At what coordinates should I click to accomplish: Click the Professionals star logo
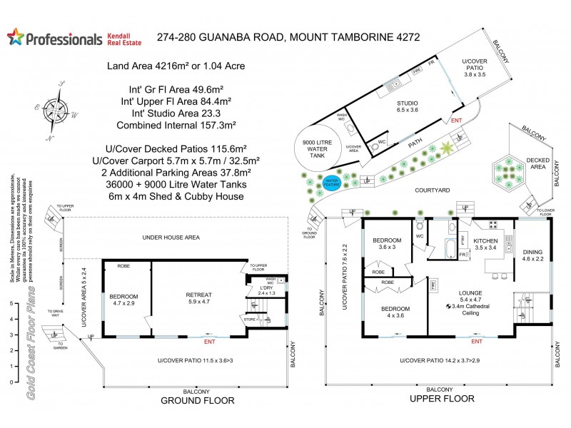15,38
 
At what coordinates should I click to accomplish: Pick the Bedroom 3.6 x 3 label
387,243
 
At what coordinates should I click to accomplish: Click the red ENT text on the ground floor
210,341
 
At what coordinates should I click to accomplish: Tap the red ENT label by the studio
456,121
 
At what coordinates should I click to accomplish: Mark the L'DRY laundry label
266,288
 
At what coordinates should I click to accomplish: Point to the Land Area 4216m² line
175,66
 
